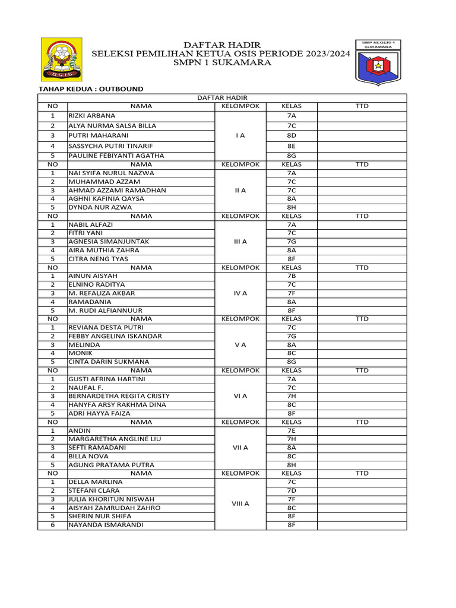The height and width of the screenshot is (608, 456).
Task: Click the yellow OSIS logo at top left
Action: coord(61,59)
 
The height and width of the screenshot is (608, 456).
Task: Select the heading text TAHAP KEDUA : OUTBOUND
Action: coord(91,89)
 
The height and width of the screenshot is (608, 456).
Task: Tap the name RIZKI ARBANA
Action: coord(92,116)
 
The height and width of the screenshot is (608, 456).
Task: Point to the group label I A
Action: coord(240,135)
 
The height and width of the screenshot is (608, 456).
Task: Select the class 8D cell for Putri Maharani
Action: coord(291,135)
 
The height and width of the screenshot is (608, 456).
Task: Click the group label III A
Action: coord(240,242)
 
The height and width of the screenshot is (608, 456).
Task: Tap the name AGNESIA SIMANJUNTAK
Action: coord(109,242)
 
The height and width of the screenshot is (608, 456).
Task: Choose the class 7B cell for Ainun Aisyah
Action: coord(291,276)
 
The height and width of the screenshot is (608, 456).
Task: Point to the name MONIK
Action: coord(80,353)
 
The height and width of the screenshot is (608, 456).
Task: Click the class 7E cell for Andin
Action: coord(291,430)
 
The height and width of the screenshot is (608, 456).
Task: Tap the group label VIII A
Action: coord(240,503)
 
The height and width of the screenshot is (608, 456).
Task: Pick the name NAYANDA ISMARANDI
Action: coord(106,525)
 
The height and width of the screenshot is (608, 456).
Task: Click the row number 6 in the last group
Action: coord(52,525)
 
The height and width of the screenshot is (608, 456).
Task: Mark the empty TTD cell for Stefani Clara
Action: coord(362,490)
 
